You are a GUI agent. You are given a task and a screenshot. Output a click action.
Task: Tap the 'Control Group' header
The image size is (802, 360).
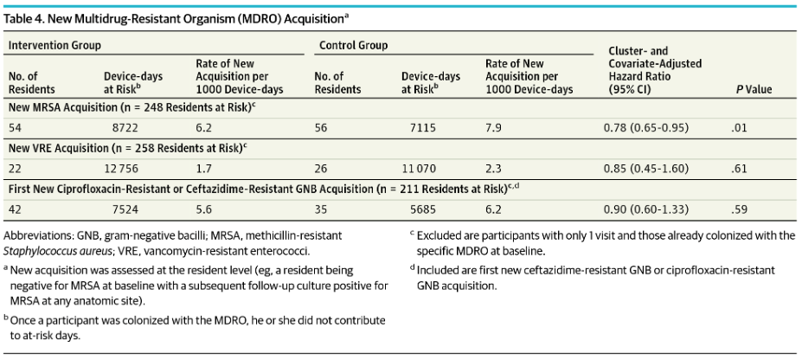(353, 45)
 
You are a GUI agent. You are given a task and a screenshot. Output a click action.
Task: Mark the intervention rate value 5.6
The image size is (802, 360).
(204, 209)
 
